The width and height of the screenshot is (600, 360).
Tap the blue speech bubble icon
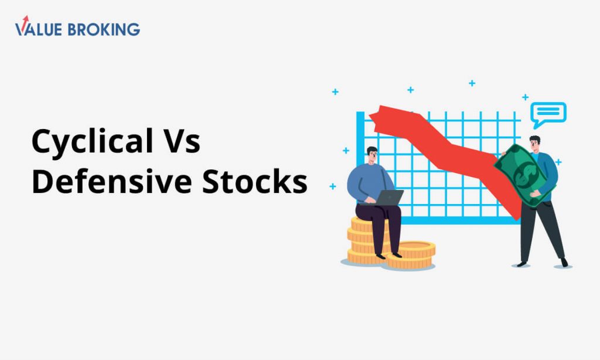click(548, 114)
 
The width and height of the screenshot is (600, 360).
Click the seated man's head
click(372, 155)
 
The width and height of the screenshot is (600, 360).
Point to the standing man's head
click(535, 144)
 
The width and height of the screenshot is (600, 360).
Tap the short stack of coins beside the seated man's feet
click(411, 254)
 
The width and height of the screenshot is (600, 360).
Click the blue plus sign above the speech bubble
click(526, 97)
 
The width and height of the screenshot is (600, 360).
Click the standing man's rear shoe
click(564, 262)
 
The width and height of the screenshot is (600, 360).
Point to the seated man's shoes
click(388, 256)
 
